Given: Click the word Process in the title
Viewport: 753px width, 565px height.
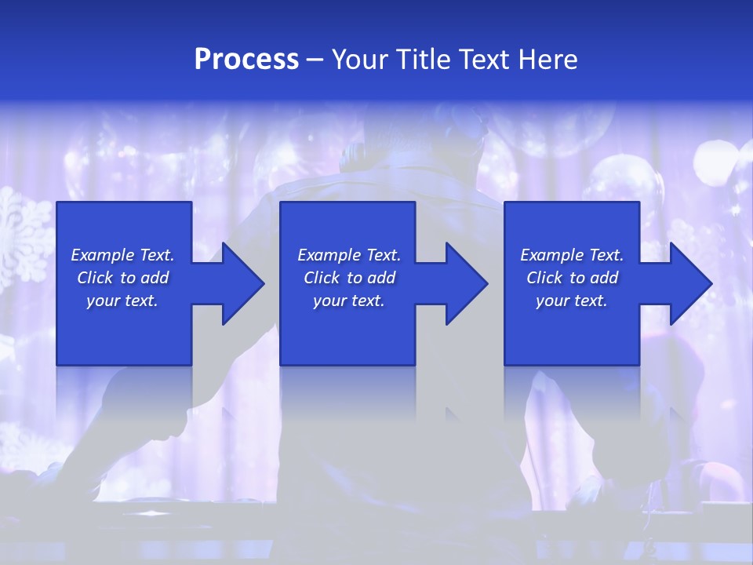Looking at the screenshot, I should click(x=246, y=60).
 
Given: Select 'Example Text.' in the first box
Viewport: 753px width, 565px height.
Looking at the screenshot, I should click(x=122, y=255).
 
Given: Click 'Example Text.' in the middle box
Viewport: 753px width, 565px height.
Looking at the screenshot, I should click(x=349, y=255).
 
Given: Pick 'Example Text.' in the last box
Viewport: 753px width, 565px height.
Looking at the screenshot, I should click(x=572, y=255).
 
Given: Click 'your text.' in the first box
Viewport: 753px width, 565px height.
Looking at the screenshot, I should click(x=122, y=301).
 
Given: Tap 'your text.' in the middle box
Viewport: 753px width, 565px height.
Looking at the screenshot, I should click(x=349, y=301).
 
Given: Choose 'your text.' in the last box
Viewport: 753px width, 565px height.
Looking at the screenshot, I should click(x=572, y=301).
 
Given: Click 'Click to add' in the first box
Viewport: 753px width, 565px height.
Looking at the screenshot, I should click(x=122, y=278).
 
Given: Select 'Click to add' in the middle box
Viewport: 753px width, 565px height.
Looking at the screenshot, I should click(x=349, y=278).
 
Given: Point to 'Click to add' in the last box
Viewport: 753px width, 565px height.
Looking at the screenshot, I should click(x=572, y=278).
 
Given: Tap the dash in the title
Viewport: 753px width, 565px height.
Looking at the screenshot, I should click(x=315, y=60).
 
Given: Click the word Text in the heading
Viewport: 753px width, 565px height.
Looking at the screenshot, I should click(x=482, y=60).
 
